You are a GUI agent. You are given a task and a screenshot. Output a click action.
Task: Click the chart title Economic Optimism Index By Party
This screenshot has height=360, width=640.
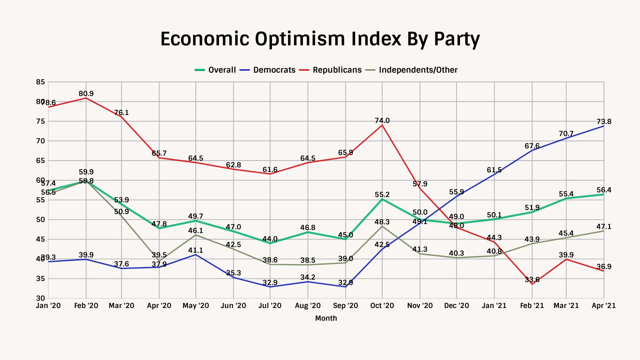(x=320, y=39)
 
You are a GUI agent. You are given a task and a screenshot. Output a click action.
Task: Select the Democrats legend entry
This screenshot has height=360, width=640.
(x=274, y=70)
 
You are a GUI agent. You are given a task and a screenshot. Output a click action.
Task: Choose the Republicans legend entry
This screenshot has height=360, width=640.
(x=337, y=70)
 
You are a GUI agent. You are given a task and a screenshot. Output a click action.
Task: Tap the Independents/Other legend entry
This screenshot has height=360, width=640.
(x=418, y=70)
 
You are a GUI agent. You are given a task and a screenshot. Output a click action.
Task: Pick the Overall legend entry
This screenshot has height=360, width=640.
(x=222, y=70)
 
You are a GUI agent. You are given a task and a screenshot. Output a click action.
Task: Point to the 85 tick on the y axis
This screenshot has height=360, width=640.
(x=40, y=82)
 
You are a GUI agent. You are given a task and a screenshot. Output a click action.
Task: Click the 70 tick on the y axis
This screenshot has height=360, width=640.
(x=40, y=141)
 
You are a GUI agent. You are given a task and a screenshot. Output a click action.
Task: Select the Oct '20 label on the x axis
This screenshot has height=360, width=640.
(x=382, y=306)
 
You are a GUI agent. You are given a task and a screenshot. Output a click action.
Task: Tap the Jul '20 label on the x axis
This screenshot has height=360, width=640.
(x=270, y=306)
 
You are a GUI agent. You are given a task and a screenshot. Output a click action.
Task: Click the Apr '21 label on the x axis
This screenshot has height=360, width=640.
(x=604, y=306)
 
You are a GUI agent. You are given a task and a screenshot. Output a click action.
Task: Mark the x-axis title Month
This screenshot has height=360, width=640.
(x=326, y=318)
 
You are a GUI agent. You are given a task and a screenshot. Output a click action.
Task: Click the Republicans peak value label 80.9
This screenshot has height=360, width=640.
(x=86, y=94)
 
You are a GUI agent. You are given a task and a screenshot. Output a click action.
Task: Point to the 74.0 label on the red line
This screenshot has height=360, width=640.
(x=382, y=121)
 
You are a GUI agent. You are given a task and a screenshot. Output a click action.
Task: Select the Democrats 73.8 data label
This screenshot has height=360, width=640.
(x=604, y=122)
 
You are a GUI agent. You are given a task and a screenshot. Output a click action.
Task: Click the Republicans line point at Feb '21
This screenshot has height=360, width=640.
(x=532, y=284)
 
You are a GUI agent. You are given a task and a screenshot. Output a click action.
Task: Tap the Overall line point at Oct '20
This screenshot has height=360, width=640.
(x=382, y=199)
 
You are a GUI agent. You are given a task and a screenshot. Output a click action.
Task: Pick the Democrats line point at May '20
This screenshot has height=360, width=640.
(x=196, y=255)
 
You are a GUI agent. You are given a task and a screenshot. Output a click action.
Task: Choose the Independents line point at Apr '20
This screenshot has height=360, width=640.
(x=159, y=261)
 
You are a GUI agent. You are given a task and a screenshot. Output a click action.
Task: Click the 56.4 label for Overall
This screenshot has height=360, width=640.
(x=604, y=190)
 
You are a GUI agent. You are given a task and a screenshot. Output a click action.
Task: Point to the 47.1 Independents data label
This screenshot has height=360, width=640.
(x=604, y=227)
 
